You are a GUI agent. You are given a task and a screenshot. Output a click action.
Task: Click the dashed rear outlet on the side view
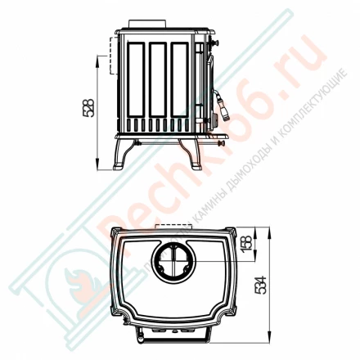pos(103,57)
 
